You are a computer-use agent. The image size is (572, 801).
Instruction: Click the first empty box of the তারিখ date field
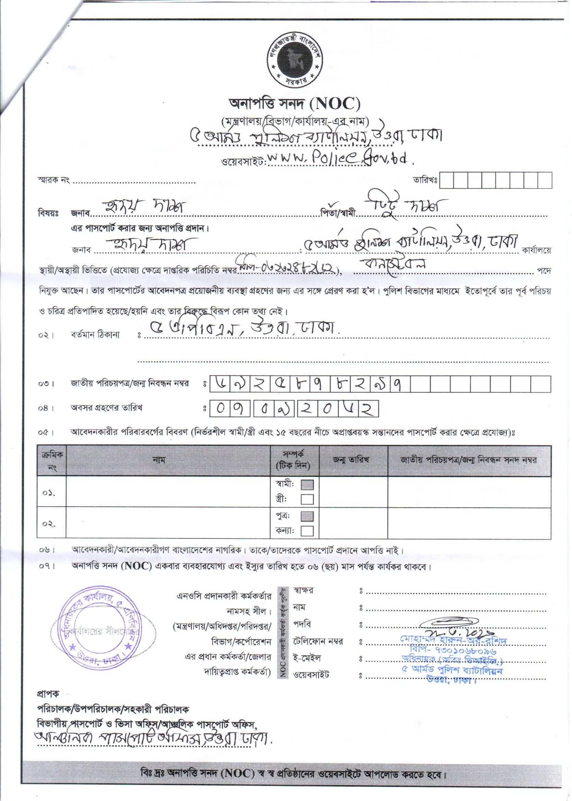click(446, 180)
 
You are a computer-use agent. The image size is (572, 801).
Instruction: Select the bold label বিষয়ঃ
click(48, 213)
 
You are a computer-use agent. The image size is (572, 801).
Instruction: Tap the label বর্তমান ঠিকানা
click(95, 334)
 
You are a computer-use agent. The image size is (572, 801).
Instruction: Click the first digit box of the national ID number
click(220, 384)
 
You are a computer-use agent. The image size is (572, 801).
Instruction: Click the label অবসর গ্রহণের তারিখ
click(107, 408)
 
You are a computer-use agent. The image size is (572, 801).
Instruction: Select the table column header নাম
click(159, 460)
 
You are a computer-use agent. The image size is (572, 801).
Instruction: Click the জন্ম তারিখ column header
click(351, 460)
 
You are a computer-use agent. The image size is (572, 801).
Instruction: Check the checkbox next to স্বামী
click(307, 485)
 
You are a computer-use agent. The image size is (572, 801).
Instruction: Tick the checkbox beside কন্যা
click(307, 531)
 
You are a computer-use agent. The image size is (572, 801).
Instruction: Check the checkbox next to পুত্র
click(307, 516)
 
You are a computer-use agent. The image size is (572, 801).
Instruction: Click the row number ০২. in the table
click(49, 524)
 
